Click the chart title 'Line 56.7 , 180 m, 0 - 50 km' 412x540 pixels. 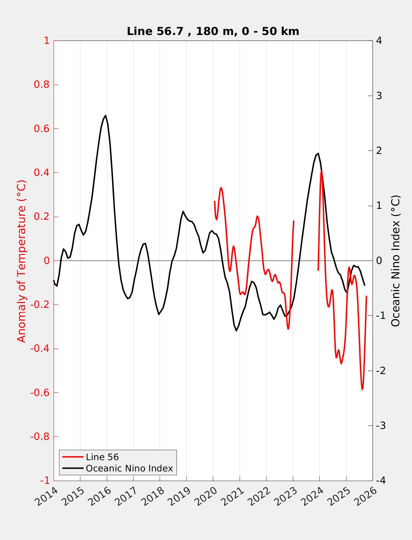[x=213, y=31]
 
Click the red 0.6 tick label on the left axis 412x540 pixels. [x=42, y=129]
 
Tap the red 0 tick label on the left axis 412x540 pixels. [x=47, y=261]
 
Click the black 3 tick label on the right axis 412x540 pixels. [x=379, y=96]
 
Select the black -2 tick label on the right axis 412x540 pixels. [x=381, y=371]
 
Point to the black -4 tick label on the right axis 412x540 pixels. [x=381, y=481]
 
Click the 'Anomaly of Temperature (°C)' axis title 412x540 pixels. [x=22, y=261]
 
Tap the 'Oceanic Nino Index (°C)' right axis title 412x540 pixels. [x=396, y=261]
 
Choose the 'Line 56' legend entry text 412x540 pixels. [x=102, y=457]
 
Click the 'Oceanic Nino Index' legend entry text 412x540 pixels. [x=129, y=468]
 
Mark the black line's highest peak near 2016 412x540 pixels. [x=105, y=116]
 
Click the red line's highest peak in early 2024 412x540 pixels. [x=321, y=171]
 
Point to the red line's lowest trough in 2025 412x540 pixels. [x=362, y=389]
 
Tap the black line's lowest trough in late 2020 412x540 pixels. [x=236, y=331]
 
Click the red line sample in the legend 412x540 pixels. [x=73, y=457]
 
